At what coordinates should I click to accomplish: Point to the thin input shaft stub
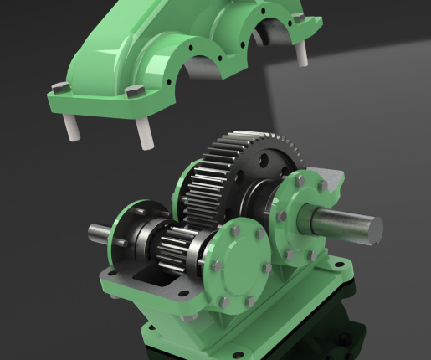pos(100,231)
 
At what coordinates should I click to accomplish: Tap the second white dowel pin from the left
pos(145,132)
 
